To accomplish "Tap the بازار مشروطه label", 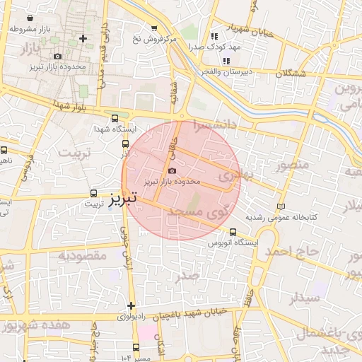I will coord(33,30).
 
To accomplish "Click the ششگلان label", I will coord(291,74).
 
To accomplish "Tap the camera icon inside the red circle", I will coord(172,170).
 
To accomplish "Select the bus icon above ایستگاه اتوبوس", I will coord(233,232).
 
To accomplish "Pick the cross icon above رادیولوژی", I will coord(131,305).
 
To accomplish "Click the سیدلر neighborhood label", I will coord(304,297).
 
